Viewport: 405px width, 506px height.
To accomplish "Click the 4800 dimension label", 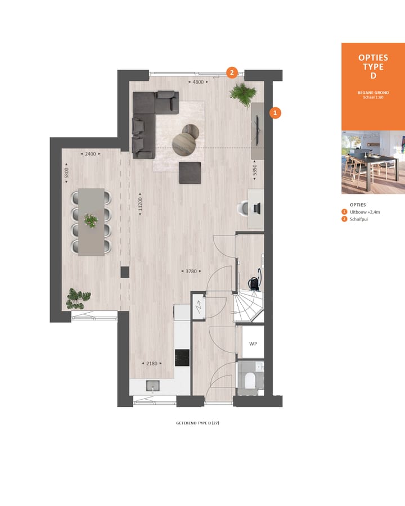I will point(198,82).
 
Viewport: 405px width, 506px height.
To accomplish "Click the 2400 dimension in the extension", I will point(90,153).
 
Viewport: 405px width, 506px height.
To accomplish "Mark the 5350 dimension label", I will point(255,170).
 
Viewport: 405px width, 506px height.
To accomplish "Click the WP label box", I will point(253,343).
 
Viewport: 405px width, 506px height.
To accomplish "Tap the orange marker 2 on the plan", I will point(232,73).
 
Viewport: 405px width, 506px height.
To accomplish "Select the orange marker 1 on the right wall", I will point(274,112).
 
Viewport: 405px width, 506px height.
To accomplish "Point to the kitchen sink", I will point(152,385).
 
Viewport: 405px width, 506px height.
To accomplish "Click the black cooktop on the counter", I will point(183,357).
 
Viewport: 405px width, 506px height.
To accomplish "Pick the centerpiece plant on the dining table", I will point(91,220).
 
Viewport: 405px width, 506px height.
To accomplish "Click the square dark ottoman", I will point(190,173).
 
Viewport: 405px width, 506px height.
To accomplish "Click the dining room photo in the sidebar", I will point(373,162).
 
